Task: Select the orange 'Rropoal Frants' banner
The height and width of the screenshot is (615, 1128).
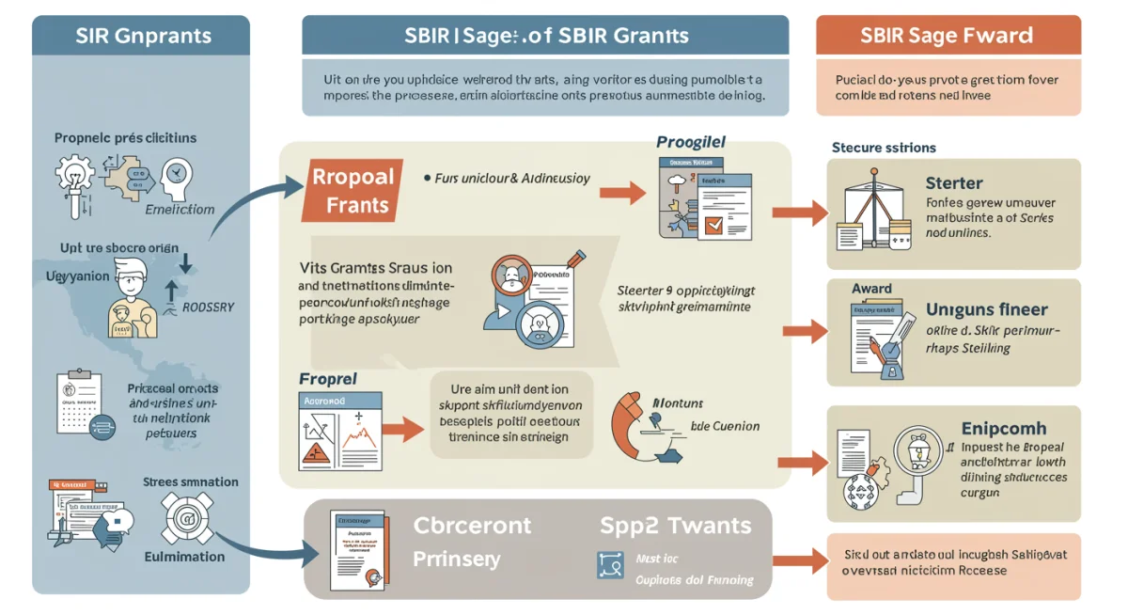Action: [x=352, y=191]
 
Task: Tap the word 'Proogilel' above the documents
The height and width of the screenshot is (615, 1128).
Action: [x=691, y=143]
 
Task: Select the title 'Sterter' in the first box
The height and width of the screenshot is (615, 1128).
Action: [x=954, y=183]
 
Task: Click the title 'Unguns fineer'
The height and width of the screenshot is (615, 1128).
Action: [x=986, y=309]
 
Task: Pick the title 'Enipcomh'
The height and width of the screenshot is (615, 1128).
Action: [x=1003, y=428]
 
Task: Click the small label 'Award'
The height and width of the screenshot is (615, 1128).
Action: [x=872, y=289]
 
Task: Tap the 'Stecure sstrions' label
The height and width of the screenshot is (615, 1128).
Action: [x=884, y=148]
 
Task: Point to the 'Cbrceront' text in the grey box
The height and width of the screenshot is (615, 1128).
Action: [x=472, y=526]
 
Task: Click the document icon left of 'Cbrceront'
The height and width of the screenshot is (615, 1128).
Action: [x=356, y=550]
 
